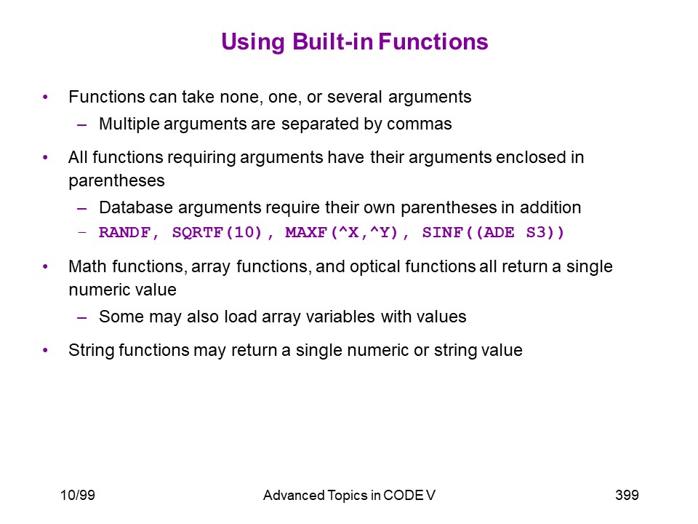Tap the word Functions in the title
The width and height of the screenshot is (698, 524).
pos(433,41)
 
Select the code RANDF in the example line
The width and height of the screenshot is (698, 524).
pos(124,232)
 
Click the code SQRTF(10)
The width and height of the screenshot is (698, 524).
pos(217,232)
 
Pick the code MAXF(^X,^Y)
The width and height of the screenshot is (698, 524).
pos(342,232)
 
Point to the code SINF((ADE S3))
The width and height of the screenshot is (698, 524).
pos(493,232)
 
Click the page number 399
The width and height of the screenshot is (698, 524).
pos(627,495)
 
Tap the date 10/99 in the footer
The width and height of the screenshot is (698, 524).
pos(78,495)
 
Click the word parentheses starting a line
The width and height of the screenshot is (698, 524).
pos(116,181)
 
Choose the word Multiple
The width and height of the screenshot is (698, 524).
pos(129,124)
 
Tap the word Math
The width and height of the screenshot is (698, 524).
pos(88,266)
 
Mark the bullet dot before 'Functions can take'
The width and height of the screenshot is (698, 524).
pos(45,97)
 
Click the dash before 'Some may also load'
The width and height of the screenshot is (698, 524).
pos(81,317)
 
